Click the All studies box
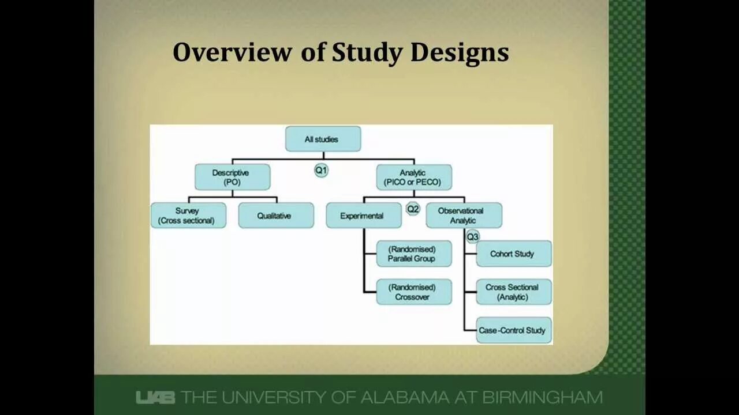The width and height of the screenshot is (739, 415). pos(323,139)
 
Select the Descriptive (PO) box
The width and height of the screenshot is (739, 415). pos(232,177)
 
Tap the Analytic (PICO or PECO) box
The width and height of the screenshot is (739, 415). pos(413,177)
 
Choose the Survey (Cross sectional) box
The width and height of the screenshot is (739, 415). pos(188,215)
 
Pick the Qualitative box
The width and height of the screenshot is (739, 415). pos(276,216)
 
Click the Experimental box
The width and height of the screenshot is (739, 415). pos(363,216)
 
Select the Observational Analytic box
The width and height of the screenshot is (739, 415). pos(464,215)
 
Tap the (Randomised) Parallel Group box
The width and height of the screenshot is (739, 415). pos(413,254)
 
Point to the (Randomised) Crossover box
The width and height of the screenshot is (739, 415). pos(413,292)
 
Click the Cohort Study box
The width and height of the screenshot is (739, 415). pos(513,254)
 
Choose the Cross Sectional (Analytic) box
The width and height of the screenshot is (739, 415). pos(513,292)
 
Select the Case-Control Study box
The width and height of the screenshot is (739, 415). pos(513,330)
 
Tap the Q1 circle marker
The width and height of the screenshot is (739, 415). pos(321,170)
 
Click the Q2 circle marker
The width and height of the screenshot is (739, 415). pos(412,209)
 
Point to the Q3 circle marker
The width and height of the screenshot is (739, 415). pos(473,236)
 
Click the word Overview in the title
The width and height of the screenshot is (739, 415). pos(232,52)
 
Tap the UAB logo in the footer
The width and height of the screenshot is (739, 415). pos(155,397)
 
